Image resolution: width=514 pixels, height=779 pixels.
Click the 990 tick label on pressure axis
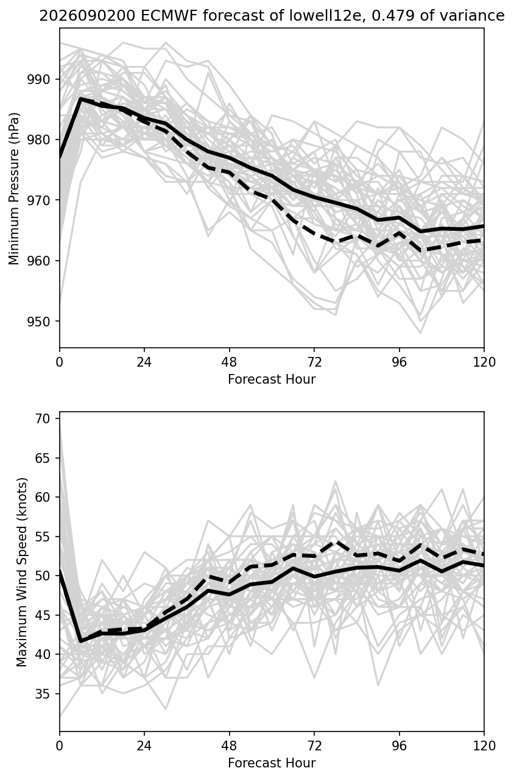click(x=38, y=79)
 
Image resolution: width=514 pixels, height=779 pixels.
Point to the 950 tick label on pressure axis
click(x=38, y=321)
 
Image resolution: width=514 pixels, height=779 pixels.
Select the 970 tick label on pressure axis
click(x=38, y=200)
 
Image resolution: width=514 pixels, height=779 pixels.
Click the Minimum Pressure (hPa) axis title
click(x=14, y=188)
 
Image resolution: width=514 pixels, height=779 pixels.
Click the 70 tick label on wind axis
click(x=43, y=418)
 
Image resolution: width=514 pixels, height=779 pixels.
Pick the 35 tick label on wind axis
click(x=43, y=694)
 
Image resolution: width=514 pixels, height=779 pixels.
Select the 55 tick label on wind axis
click(x=43, y=536)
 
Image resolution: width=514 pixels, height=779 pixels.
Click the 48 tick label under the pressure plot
click(x=229, y=362)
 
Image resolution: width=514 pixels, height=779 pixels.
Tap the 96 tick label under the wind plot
click(x=400, y=746)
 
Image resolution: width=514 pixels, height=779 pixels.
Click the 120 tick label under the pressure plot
click(x=484, y=362)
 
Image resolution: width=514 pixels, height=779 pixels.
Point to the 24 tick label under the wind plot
click(x=144, y=746)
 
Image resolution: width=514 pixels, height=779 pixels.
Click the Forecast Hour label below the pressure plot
click(x=272, y=379)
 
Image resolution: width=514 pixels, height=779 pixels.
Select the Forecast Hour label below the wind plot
click(x=272, y=763)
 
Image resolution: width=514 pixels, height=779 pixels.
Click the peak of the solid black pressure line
click(x=80, y=99)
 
